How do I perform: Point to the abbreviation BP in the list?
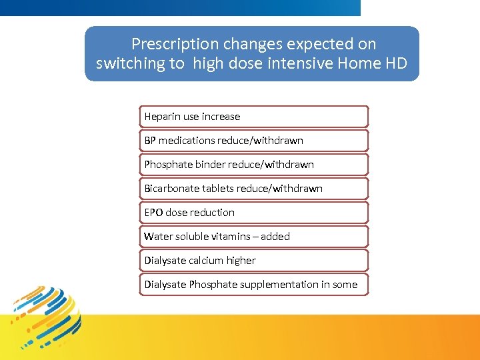point(150,141)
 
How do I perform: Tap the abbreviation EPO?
point(153,213)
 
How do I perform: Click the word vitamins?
point(233,237)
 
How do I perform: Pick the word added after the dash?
point(275,237)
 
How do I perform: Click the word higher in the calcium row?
point(241,261)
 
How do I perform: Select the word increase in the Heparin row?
point(221,117)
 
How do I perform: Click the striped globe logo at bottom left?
point(47,317)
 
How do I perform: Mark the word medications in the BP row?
point(188,141)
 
